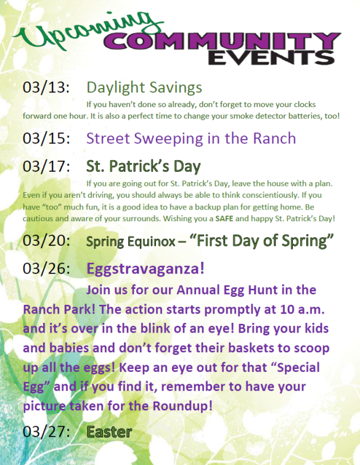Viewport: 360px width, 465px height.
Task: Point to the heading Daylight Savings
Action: [144, 87]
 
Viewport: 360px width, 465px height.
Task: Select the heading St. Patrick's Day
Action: [144, 166]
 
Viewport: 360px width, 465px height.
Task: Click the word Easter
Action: [109, 432]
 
